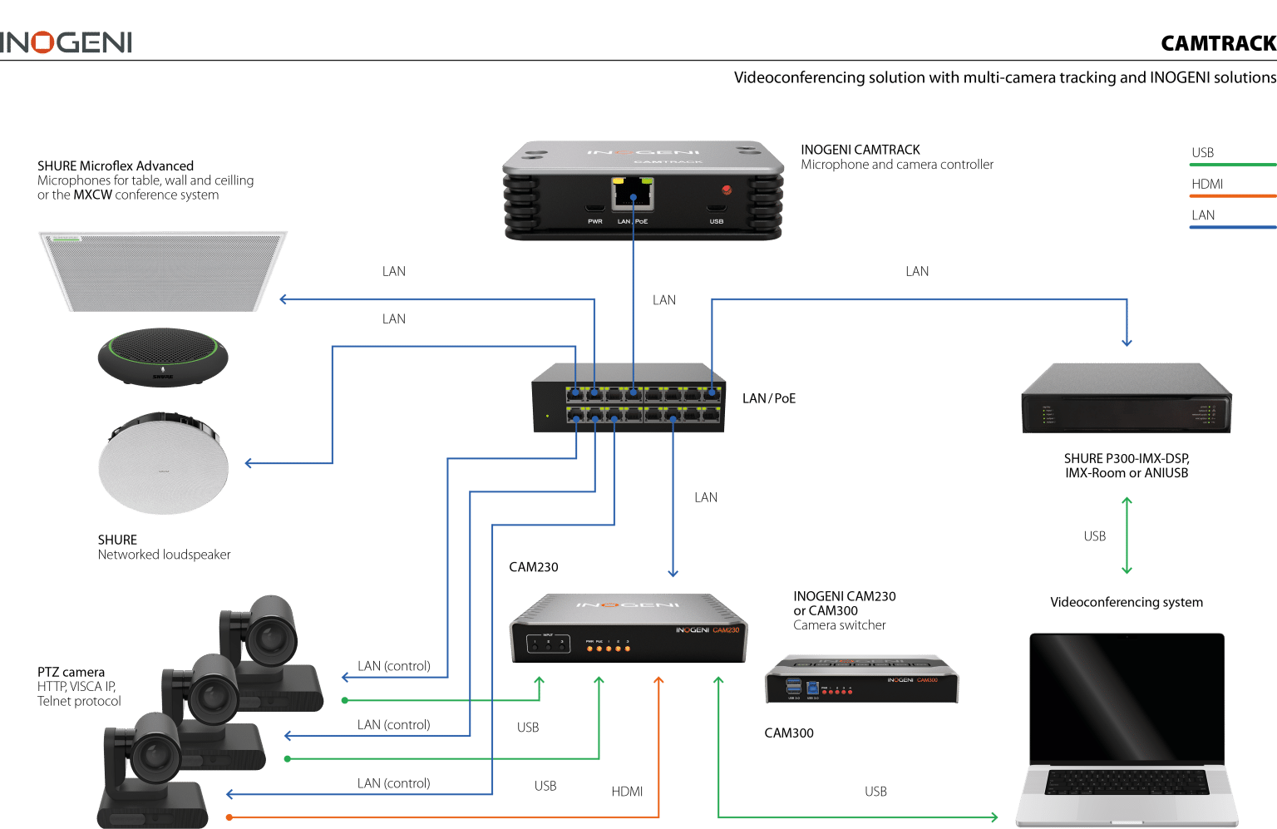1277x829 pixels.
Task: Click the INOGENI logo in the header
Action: coord(67,42)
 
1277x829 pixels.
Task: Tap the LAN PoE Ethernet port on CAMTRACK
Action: coord(633,195)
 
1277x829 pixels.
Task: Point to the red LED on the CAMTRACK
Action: coord(727,190)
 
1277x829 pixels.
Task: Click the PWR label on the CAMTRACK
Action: coord(595,221)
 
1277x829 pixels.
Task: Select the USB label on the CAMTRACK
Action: coord(717,221)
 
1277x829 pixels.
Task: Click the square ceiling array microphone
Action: coord(163,270)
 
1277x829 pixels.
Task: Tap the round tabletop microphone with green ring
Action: coord(163,356)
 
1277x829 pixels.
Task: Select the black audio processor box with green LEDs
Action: coord(1126,399)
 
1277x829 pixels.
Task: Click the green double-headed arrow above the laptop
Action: coord(1127,535)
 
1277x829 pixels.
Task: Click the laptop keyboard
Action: coord(1126,782)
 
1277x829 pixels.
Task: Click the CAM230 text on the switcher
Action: coord(726,630)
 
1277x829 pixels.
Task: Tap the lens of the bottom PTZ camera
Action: coord(153,756)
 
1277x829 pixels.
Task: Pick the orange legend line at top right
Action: coord(1232,196)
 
